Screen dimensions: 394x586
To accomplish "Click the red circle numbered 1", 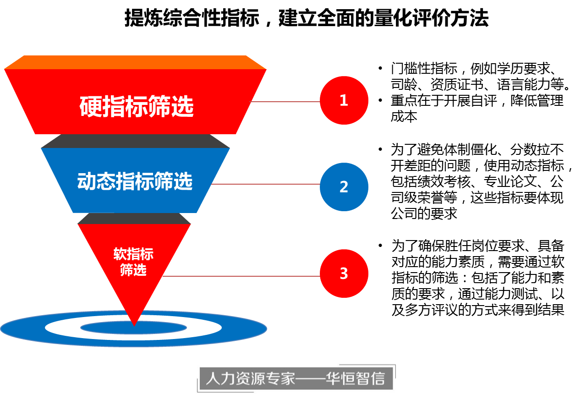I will (344, 100).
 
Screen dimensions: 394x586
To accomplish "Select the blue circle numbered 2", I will (344, 187).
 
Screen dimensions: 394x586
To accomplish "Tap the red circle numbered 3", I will (344, 274).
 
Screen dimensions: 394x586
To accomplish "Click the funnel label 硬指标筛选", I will (137, 107).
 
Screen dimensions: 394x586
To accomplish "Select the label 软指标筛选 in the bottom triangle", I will (133, 262).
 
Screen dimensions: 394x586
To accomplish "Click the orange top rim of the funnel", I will (135, 62).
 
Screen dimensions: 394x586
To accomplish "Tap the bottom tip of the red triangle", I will (134, 323).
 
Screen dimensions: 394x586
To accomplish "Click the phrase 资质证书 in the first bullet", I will (458, 85).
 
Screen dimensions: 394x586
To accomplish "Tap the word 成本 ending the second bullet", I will (404, 116).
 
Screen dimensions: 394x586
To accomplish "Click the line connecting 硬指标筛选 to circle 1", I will (284, 101).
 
